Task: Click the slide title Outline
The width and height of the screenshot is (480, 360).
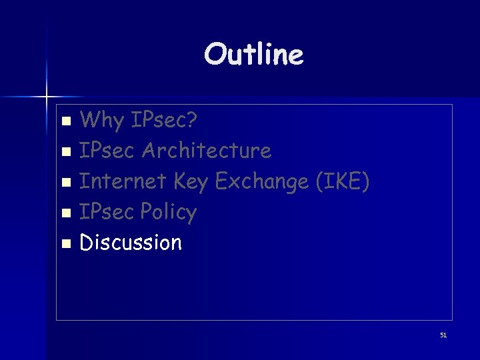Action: click(x=254, y=54)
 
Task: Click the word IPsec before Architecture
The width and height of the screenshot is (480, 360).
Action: click(x=109, y=151)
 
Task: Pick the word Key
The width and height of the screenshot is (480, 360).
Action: click(x=191, y=181)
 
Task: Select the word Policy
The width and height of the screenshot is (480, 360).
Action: click(x=170, y=212)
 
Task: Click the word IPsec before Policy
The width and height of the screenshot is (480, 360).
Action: click(x=109, y=212)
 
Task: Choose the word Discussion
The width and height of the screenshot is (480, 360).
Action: click(x=131, y=242)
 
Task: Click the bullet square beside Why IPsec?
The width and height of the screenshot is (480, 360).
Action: click(x=65, y=122)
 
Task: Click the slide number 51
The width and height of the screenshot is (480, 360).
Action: click(x=443, y=335)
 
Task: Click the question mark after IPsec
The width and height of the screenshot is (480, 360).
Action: click(x=192, y=120)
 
